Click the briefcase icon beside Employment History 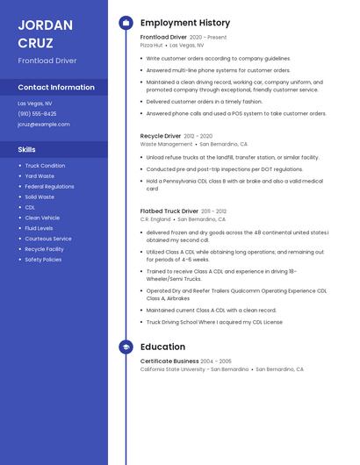click(x=126, y=23)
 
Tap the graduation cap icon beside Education click(x=126, y=347)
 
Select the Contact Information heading click(x=56, y=87)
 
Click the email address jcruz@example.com click(x=43, y=124)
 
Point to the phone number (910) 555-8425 click(x=37, y=113)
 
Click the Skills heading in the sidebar click(x=26, y=149)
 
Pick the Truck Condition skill click(x=45, y=165)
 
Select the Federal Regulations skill click(x=49, y=186)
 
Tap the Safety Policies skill click(x=43, y=260)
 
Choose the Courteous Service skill click(x=48, y=239)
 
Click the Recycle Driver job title click(x=161, y=136)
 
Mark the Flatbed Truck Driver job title click(x=169, y=211)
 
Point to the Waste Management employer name click(x=166, y=144)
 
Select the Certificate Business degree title click(x=169, y=361)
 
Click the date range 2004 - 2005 click(x=216, y=361)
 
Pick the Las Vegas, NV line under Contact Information click(x=35, y=103)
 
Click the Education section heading click(x=162, y=347)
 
